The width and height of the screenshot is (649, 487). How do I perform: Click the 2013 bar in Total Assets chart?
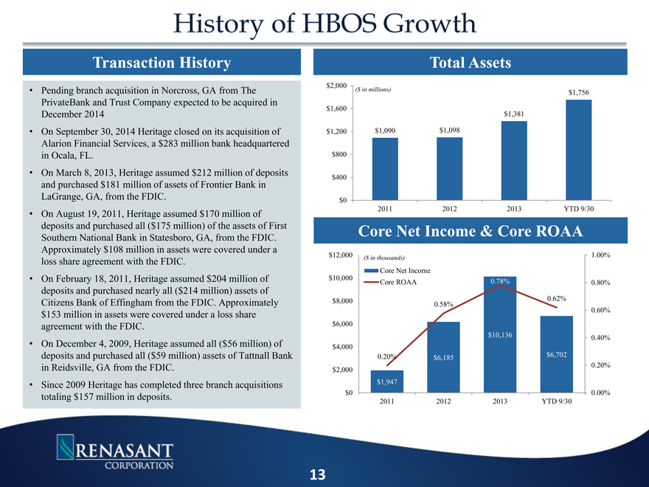pos(514,160)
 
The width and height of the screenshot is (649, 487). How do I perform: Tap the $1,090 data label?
pos(385,131)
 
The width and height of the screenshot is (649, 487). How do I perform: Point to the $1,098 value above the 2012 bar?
pos(449,131)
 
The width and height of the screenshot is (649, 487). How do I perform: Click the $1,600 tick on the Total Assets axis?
pos(336,109)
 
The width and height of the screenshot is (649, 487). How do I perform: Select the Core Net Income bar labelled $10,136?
pos(501,336)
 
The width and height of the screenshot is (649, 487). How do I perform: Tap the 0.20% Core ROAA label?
pos(388,356)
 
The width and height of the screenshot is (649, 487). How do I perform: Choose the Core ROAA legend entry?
pos(397,283)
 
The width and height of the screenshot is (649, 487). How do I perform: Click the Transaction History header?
pos(161,63)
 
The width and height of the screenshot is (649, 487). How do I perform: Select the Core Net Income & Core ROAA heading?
pos(471,231)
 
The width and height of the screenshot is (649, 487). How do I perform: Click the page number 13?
pos(318,474)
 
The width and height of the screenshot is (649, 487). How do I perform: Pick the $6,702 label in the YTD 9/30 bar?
pos(557,355)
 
